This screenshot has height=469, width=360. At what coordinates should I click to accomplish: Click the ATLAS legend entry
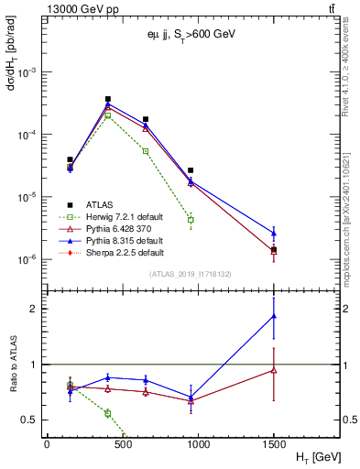(x=99, y=204)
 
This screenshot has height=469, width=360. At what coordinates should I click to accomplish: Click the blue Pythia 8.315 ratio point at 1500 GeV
(x=274, y=316)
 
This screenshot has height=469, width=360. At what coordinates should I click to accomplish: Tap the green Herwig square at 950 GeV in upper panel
(x=191, y=220)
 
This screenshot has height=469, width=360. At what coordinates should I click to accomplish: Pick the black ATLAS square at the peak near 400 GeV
(x=108, y=99)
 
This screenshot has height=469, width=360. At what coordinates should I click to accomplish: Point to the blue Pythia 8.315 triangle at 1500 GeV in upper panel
(x=274, y=233)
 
